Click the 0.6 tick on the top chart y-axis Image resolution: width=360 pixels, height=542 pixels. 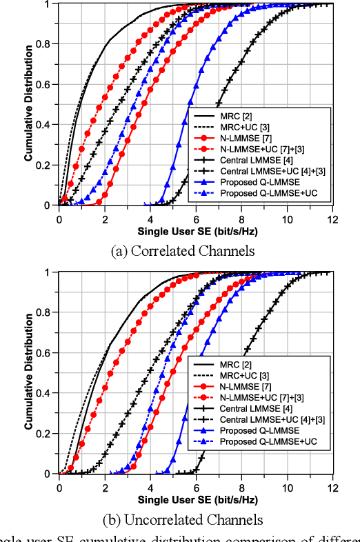47,84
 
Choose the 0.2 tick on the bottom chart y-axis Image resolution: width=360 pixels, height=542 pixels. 47,434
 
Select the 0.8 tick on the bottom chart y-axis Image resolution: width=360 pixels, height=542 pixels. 47,312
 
